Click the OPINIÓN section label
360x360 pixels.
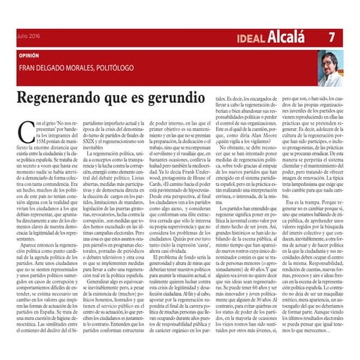click(29, 54)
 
